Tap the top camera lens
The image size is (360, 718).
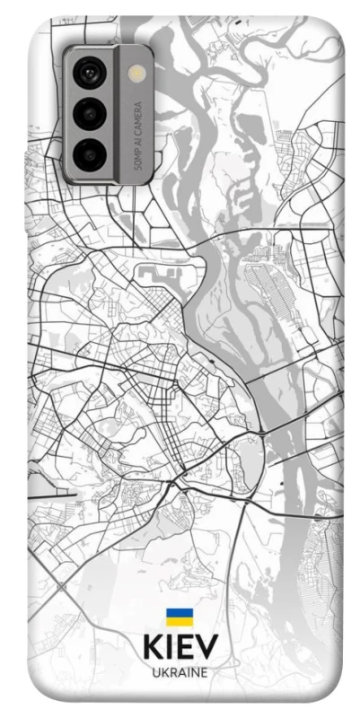(92, 71)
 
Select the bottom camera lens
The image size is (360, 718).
(92, 153)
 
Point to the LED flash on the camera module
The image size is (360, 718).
(137, 73)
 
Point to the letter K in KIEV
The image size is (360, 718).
(150, 648)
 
